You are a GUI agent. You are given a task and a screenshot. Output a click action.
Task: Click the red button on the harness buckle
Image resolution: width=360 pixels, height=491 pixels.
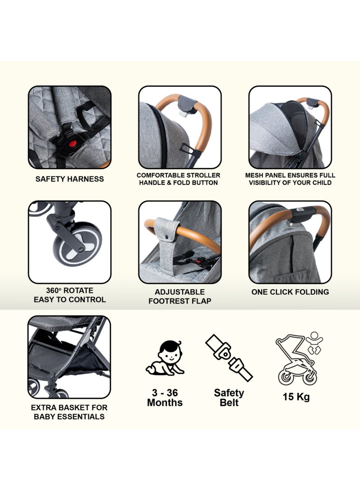(70, 144)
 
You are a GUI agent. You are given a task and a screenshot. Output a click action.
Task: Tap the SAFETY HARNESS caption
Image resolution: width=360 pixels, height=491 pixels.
(70, 179)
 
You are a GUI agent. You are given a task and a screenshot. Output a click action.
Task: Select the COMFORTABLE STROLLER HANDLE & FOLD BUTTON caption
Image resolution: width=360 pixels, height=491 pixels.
(179, 179)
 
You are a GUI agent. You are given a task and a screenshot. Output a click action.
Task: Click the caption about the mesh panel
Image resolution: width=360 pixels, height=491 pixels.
(290, 179)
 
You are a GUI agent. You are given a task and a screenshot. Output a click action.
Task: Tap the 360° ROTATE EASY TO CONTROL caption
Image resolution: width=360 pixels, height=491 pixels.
(70, 295)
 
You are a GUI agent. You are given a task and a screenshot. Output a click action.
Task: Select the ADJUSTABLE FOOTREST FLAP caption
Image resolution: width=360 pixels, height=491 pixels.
(180, 297)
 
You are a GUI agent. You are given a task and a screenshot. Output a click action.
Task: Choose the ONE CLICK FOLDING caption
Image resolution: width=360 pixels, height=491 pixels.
(290, 292)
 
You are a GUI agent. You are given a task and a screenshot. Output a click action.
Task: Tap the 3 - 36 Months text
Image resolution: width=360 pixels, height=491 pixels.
(165, 397)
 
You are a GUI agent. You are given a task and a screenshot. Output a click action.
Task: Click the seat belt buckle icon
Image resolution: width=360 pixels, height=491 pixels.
(229, 357)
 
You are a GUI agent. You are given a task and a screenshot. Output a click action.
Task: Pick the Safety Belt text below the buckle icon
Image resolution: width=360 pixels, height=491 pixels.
(229, 397)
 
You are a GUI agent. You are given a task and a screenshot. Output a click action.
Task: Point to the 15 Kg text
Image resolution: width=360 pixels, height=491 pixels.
(297, 397)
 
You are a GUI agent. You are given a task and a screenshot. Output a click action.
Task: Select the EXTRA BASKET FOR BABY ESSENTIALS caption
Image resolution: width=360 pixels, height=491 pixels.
(70, 412)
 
